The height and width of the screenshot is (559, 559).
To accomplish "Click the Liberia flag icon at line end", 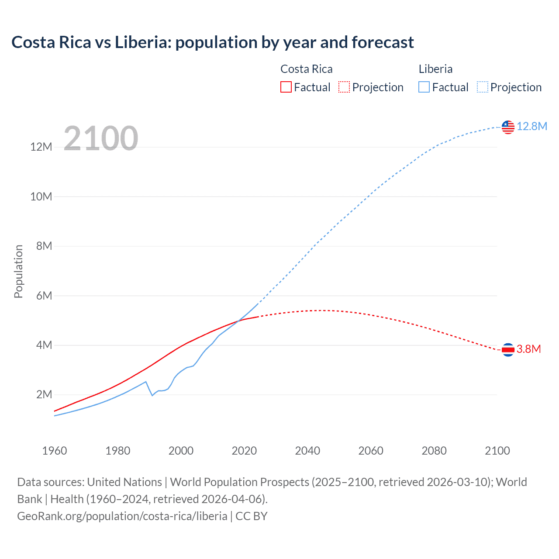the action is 508,127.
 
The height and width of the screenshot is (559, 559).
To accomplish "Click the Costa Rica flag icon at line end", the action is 508,349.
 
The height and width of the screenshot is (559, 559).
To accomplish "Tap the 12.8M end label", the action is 531,127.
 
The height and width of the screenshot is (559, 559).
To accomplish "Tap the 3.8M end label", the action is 528,349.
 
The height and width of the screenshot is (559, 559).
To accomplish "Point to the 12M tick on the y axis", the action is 41,147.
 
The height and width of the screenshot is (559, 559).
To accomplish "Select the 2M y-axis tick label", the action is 44,395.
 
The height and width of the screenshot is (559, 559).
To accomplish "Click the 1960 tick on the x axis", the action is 55,451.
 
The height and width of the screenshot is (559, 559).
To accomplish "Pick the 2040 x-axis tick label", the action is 307,451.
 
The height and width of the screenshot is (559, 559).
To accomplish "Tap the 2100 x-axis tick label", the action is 497,451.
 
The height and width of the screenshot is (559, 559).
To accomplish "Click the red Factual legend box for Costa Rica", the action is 286,87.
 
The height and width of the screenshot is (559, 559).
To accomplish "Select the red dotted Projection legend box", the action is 344,87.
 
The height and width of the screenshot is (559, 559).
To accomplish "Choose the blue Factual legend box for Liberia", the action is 424,87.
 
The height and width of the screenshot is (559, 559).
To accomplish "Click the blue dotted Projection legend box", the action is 482,87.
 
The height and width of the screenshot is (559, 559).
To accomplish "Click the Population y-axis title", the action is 18,271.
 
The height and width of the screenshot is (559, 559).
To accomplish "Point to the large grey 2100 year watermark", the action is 101,138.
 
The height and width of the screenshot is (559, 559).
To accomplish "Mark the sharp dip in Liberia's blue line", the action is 152,395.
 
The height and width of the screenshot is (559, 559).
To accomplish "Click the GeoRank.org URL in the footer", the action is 122,516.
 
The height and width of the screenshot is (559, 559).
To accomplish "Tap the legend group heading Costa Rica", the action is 306,69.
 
